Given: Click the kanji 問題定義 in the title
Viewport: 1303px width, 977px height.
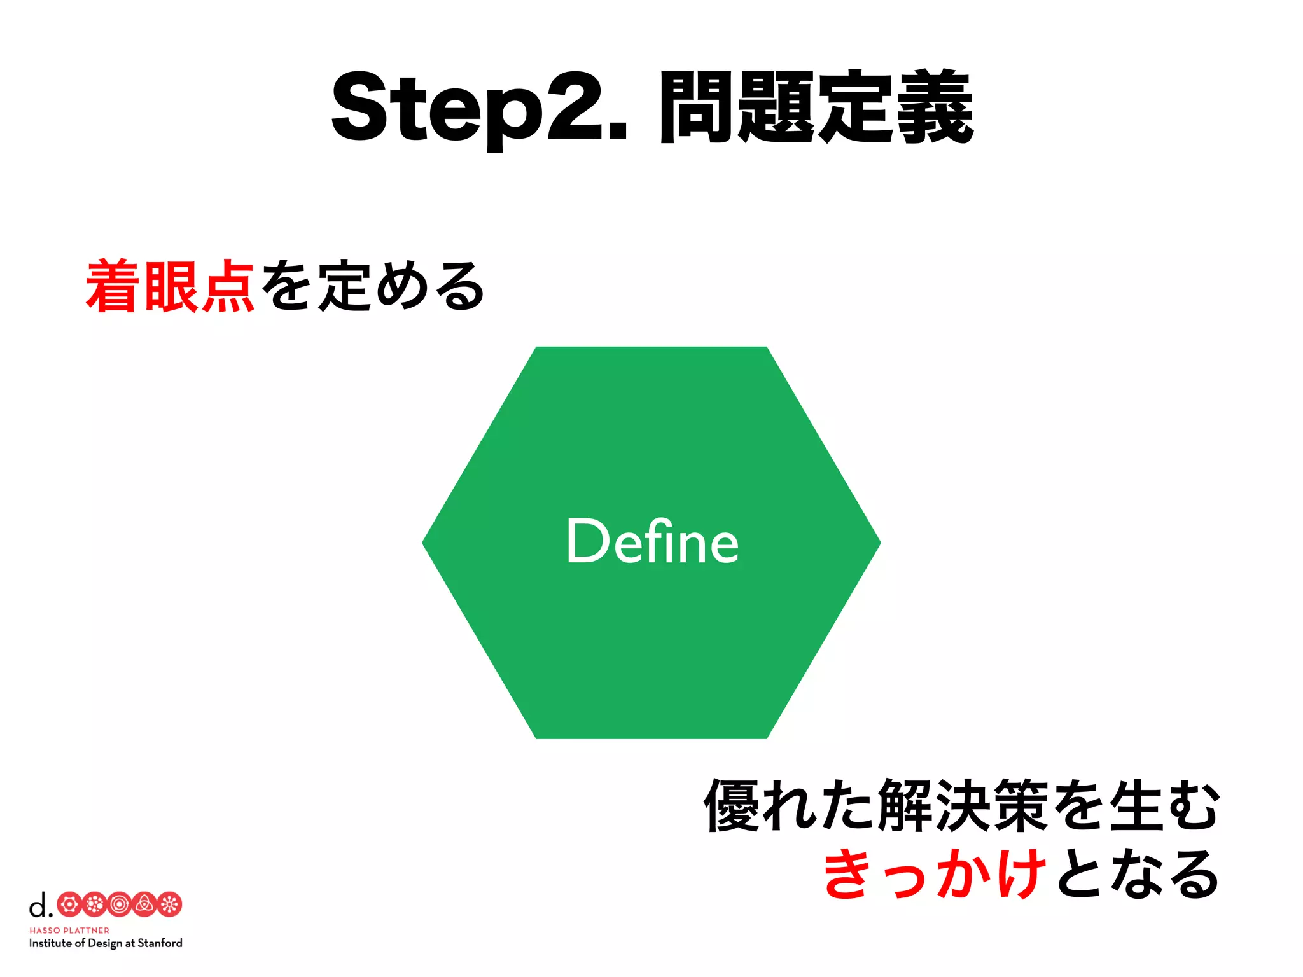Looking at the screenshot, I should (816, 107).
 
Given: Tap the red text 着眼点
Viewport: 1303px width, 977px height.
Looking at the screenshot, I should (171, 287).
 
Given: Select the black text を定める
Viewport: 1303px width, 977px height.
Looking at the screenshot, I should (372, 287).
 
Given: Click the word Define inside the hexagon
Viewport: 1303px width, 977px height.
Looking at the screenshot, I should (652, 542).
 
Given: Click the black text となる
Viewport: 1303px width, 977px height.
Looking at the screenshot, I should (1138, 874).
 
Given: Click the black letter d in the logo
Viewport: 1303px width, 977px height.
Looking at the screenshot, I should (38, 904).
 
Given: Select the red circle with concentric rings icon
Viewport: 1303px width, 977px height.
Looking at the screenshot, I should (119, 904).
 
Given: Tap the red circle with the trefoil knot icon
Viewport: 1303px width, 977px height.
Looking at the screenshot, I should (144, 904).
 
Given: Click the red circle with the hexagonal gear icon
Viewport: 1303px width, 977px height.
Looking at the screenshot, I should (69, 904).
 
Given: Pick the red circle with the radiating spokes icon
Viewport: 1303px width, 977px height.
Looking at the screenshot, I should (169, 904).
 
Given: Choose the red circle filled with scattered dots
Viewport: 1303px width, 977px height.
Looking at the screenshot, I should (94, 904).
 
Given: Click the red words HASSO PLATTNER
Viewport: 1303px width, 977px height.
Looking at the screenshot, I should (69, 930).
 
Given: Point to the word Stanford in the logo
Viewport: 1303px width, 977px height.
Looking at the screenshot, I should (160, 943).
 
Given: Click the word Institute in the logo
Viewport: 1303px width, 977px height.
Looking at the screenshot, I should (50, 943).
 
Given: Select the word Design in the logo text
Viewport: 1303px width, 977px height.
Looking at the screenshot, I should (105, 943).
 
